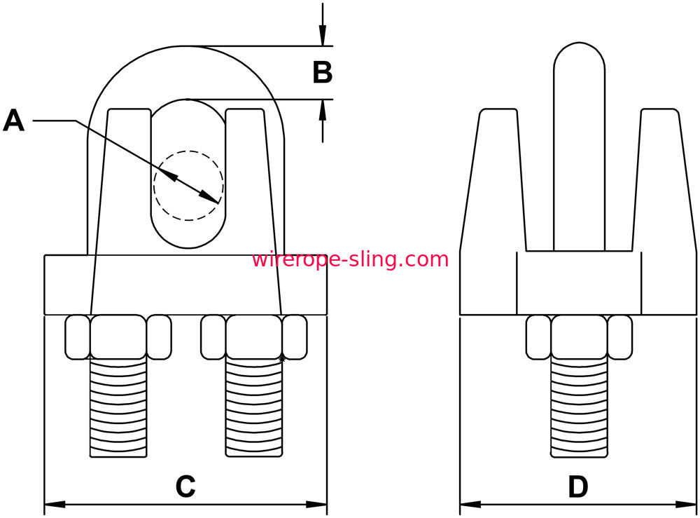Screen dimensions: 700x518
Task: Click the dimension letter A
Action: click(x=13, y=121)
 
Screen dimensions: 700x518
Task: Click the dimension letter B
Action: click(x=322, y=72)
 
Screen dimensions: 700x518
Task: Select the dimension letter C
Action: click(x=185, y=486)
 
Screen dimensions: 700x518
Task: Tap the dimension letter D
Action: click(x=578, y=486)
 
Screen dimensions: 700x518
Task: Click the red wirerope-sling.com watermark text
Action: click(x=350, y=259)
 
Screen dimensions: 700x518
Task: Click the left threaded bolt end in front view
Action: click(x=118, y=408)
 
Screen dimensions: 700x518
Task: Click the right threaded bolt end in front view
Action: click(x=254, y=408)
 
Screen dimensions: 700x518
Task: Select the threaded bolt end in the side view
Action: click(x=579, y=408)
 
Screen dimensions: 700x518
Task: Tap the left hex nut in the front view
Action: click(x=118, y=337)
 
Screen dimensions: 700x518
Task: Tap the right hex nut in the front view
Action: click(x=254, y=337)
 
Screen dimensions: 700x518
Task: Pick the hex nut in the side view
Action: click(x=579, y=337)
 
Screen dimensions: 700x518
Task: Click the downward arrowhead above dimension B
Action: click(x=322, y=36)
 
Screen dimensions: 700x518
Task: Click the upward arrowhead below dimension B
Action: click(x=322, y=110)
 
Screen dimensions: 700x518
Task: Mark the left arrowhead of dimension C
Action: click(x=55, y=505)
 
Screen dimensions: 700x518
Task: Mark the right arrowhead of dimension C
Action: click(x=316, y=505)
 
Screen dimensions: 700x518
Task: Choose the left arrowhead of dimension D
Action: click(x=470, y=505)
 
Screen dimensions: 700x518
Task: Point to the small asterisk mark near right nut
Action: click(x=281, y=359)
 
